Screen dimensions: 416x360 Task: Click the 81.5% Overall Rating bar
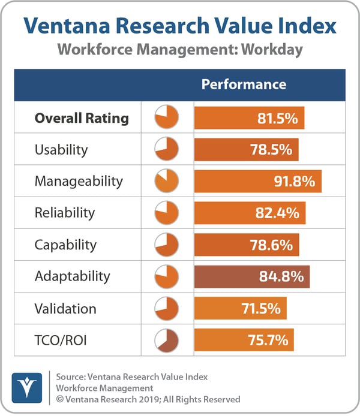pos(249,117)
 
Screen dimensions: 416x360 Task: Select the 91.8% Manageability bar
pos(258,181)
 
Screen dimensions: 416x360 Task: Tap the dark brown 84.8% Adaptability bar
pos(252,276)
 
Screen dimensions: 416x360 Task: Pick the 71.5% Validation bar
pos(240,309)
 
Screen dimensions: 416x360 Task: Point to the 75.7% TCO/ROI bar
pos(244,340)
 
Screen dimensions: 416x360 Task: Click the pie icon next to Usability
pos(167,149)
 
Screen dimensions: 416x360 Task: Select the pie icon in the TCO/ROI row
pos(167,340)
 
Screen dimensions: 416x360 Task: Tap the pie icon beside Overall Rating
pos(167,117)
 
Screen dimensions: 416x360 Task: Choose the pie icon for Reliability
pos(167,213)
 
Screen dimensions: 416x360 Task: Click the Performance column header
pos(244,85)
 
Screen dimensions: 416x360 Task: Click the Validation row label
pos(65,309)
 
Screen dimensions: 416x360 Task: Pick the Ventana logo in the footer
pos(27,387)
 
